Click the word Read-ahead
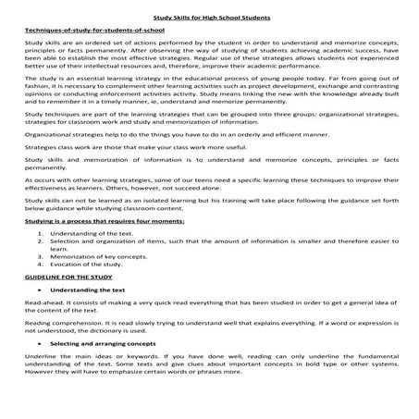click(x=43, y=328)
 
